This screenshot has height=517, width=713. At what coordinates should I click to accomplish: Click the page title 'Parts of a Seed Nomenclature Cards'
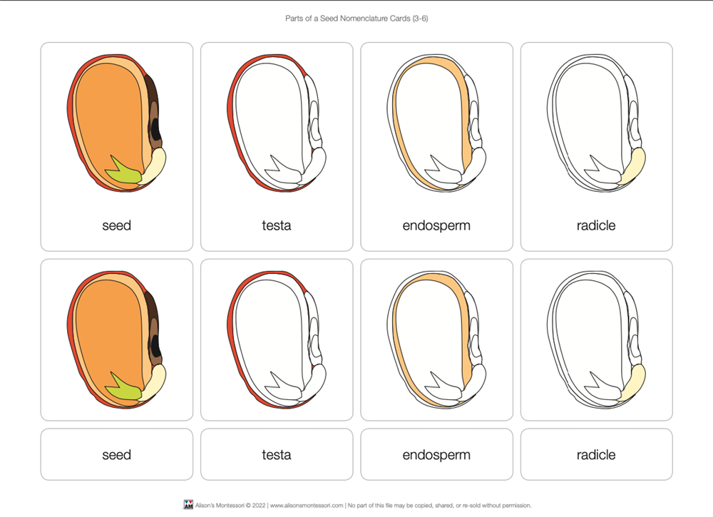(348, 19)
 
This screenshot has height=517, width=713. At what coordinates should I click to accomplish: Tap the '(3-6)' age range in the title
(420, 19)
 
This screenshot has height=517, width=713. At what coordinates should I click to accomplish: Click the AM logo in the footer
(188, 505)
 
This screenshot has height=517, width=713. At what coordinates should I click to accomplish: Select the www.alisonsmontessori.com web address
(307, 505)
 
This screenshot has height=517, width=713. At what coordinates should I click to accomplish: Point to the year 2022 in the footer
(259, 505)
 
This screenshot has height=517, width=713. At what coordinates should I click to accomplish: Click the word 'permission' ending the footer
(517, 505)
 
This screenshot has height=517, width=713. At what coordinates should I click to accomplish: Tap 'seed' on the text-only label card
(116, 455)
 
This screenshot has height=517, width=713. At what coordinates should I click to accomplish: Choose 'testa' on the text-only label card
(277, 455)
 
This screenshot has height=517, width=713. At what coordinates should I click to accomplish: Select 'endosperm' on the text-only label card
(436, 455)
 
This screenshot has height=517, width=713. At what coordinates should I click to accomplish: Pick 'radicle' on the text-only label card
(596, 455)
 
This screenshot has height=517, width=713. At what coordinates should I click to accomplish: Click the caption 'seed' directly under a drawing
(116, 225)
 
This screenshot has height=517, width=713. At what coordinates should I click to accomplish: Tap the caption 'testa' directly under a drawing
(277, 225)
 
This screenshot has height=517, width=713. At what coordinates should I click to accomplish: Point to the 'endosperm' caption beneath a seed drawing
(436, 226)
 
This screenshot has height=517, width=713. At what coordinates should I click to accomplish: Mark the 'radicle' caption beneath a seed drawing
(596, 225)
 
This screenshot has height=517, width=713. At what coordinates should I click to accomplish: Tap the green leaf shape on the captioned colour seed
(122, 170)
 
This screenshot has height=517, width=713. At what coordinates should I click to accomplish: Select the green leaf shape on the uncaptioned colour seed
(122, 387)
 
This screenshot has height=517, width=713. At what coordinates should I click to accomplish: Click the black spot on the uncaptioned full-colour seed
(156, 346)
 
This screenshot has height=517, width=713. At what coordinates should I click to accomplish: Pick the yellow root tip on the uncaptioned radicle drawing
(633, 383)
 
